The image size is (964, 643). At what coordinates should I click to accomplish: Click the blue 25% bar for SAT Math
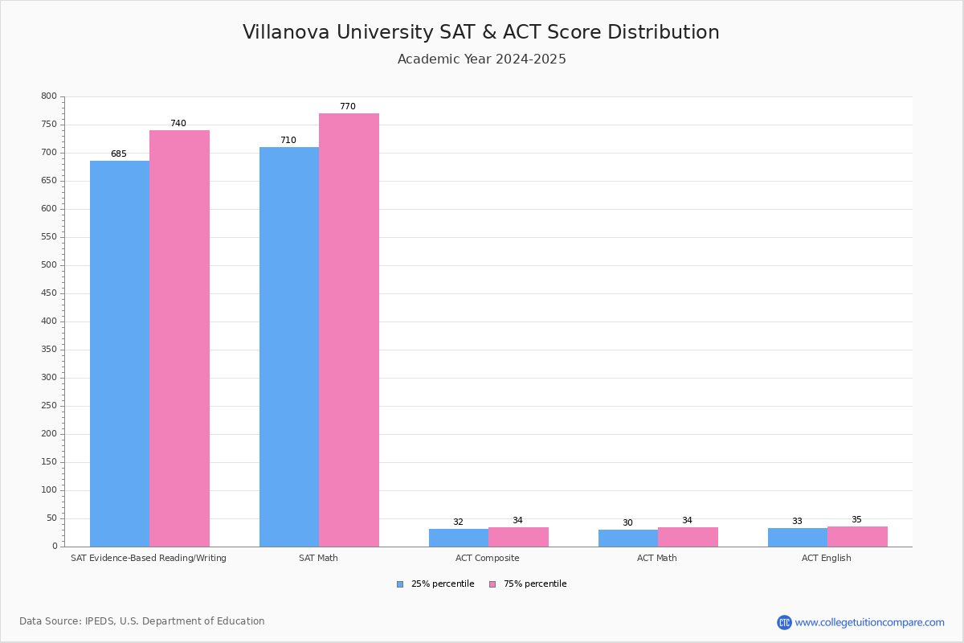(x=289, y=346)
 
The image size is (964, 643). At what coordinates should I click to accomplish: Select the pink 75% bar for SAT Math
(x=349, y=330)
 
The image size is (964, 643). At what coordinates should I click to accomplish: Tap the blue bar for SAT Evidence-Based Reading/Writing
(x=120, y=354)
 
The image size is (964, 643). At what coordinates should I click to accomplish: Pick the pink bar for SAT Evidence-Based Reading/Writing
(x=179, y=338)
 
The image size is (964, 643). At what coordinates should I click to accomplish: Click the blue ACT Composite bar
(x=459, y=538)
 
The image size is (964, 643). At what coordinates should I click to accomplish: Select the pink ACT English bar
(x=857, y=537)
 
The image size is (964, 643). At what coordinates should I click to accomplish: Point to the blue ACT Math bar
(x=628, y=539)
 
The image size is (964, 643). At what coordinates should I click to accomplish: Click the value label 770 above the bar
(x=347, y=107)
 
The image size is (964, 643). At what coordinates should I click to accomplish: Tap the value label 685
(x=119, y=154)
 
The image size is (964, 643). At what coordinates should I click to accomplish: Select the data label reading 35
(x=856, y=520)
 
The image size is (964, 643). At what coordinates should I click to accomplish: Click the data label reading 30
(x=627, y=523)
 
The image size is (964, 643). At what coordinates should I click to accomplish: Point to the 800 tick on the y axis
(x=49, y=96)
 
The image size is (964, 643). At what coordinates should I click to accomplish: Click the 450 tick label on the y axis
(x=49, y=293)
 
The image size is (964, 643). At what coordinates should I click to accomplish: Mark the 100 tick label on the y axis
(x=49, y=490)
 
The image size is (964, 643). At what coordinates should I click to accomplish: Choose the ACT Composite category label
(x=488, y=558)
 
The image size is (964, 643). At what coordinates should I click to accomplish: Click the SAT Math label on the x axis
(x=318, y=558)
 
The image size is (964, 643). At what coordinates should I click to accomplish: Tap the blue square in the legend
(x=400, y=584)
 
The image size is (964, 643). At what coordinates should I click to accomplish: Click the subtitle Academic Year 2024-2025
(x=482, y=59)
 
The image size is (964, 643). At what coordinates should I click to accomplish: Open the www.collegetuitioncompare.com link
(x=869, y=622)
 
